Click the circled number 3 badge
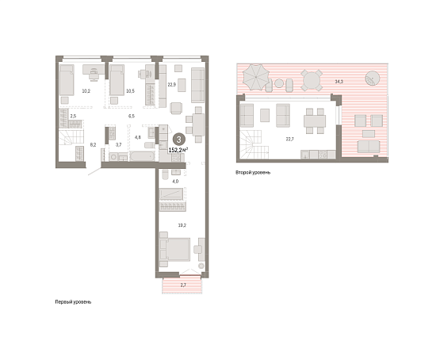point(178,140)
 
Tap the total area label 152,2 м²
point(178,150)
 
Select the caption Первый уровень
point(73,302)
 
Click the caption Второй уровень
point(253,172)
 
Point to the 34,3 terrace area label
point(339,82)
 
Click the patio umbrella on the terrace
point(256,78)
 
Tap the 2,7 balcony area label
point(183,285)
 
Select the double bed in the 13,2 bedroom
point(174,250)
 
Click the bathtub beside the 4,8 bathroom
point(142,156)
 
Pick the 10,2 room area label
point(86,91)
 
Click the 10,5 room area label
point(130,91)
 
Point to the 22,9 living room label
point(172,84)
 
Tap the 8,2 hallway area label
point(94,144)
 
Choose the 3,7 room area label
point(119,144)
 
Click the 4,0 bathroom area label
point(175,182)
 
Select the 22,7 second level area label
point(289,139)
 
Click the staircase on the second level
point(254,144)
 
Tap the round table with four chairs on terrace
point(312,80)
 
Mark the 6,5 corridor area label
point(132,116)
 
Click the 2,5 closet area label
point(73,116)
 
